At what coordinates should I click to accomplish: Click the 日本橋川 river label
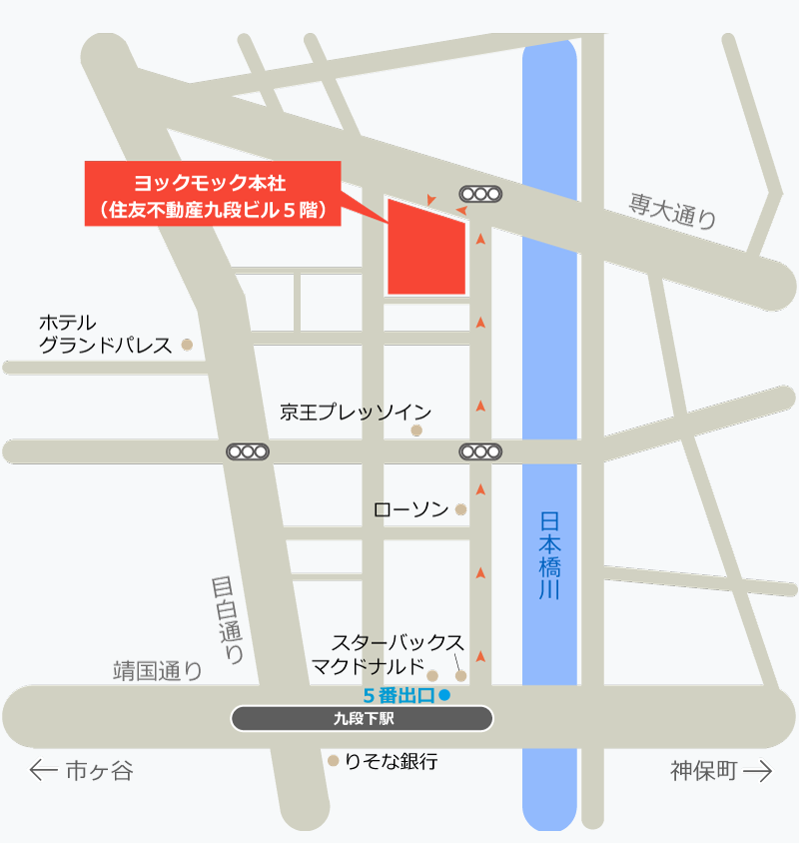coord(549,555)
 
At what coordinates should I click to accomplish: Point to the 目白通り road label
coord(229,619)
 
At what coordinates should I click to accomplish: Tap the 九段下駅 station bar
coord(362,718)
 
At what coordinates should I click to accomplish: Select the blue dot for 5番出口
coord(445,694)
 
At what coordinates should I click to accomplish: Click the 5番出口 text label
coord(399,695)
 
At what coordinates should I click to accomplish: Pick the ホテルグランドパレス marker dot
coord(187,345)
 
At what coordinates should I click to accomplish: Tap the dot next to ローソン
coord(460,509)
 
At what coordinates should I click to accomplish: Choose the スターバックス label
coord(398,641)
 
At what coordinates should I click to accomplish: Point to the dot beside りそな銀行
coord(334,761)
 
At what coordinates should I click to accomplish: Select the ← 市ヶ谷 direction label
coord(82,771)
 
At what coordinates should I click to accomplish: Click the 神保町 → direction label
coord(720,771)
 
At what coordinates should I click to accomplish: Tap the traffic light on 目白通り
coord(248,451)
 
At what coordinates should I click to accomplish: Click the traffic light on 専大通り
coord(480,194)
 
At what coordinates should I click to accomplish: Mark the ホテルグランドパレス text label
coord(104,334)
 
